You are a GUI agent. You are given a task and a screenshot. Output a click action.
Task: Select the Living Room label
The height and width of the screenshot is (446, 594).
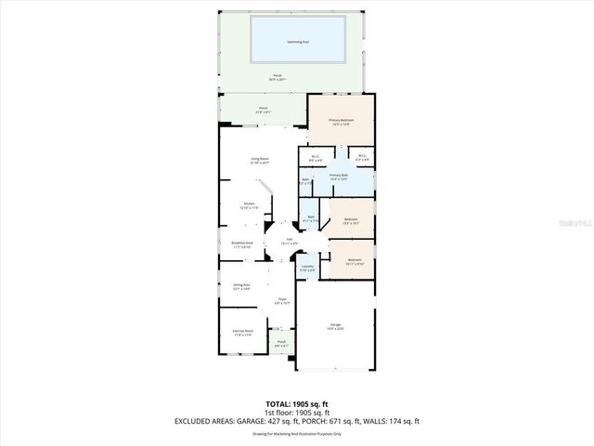(259, 160)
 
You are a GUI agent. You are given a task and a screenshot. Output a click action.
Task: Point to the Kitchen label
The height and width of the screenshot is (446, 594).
(249, 205)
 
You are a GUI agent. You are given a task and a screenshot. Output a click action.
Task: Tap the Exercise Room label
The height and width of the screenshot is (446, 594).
(242, 333)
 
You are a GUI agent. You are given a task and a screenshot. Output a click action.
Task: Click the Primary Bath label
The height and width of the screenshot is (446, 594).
(339, 177)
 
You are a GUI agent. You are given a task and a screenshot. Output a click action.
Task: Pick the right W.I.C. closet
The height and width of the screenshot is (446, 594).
(362, 157)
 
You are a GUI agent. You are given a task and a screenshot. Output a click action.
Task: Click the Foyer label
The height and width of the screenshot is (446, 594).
(281, 300)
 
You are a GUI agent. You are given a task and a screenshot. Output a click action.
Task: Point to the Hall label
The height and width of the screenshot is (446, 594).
(290, 241)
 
